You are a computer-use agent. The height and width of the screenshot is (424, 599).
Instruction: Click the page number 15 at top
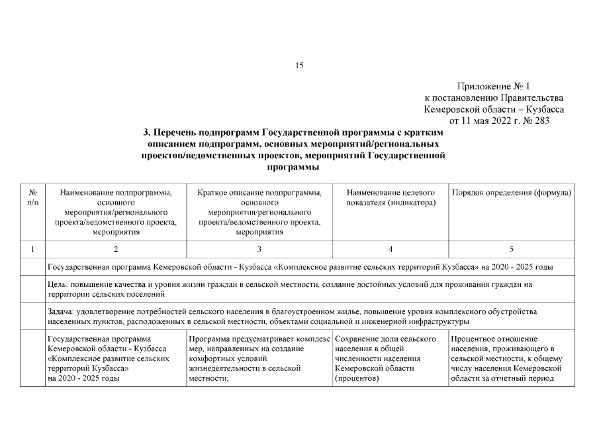(299, 65)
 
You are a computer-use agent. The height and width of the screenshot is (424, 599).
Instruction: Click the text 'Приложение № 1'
(494, 87)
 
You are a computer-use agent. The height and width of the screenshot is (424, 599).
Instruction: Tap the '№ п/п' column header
(32, 197)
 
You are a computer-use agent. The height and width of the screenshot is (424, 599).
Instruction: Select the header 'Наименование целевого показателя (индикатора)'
(391, 197)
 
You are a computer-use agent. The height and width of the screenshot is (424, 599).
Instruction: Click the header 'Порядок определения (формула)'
(511, 193)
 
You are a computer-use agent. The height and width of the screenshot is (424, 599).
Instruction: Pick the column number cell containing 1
(32, 249)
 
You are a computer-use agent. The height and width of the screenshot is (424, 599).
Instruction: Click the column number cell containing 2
(116, 249)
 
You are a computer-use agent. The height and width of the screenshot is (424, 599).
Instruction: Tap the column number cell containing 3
(259, 249)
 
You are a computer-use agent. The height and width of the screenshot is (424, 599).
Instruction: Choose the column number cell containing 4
(391, 249)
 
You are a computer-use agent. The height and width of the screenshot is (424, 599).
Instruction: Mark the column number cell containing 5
(511, 249)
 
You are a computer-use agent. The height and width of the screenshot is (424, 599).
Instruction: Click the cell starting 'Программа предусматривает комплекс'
(259, 358)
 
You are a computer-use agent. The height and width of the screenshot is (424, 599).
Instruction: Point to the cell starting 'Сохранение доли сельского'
(391, 358)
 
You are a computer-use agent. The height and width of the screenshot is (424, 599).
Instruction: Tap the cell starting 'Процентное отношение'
(511, 358)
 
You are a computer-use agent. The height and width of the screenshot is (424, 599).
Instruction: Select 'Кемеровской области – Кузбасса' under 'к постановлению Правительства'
(494, 109)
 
